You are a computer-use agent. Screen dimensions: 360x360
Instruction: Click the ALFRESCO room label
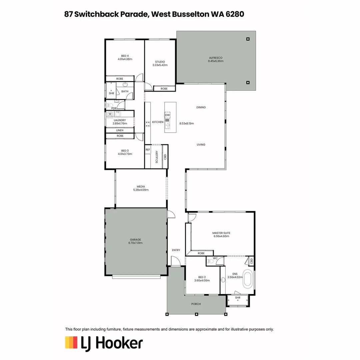pyautogui.click(x=216, y=58)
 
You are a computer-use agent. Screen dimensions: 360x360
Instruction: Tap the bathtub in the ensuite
pyautogui.click(x=247, y=280)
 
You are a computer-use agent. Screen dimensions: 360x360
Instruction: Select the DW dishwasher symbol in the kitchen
pyautogui.click(x=167, y=115)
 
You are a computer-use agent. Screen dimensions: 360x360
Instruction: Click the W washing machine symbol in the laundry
pyautogui.click(x=110, y=114)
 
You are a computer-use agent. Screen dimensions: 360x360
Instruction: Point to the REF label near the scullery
pyautogui.click(x=148, y=150)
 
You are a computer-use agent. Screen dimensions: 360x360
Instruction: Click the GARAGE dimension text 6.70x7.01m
pyautogui.click(x=135, y=243)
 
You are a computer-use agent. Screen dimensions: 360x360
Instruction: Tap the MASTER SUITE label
pyautogui.click(x=221, y=233)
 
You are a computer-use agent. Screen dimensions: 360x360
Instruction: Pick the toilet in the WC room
pyautogui.click(x=210, y=261)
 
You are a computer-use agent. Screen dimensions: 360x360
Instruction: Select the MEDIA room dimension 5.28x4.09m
pyautogui.click(x=141, y=190)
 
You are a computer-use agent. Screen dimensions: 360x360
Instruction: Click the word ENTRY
pyautogui.click(x=176, y=250)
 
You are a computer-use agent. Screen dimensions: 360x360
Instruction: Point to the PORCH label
pyautogui.click(x=196, y=304)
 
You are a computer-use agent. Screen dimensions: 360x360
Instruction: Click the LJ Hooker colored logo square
pyautogui.click(x=71, y=343)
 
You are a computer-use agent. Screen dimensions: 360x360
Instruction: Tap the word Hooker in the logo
pyautogui.click(x=119, y=343)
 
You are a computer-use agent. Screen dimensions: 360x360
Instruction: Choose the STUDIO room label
pyautogui.click(x=160, y=62)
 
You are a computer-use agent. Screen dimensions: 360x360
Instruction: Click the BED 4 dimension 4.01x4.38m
pyautogui.click(x=125, y=59)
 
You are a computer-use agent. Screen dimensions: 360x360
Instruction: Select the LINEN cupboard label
pyautogui.click(x=120, y=130)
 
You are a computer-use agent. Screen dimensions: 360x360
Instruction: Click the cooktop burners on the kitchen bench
pyautogui.click(x=148, y=124)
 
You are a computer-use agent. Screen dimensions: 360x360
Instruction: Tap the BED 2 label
pyautogui.click(x=202, y=277)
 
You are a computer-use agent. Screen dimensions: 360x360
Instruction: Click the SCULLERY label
pyautogui.click(x=157, y=157)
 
